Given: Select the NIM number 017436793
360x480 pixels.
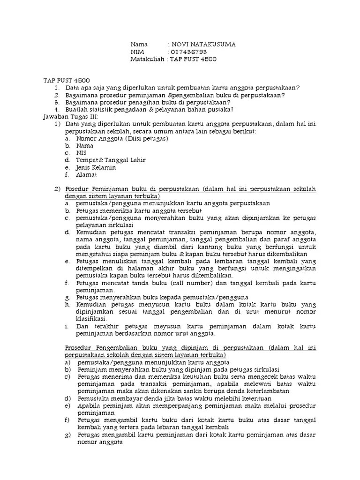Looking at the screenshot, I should coord(189,52).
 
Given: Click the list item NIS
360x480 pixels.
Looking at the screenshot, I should coord(81,153).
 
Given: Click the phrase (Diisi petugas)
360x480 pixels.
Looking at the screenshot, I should coord(146,138).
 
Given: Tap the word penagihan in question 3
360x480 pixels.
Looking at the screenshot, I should coord(137,102).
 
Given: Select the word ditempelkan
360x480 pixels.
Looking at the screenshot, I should coord(96,269).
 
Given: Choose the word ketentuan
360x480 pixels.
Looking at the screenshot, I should coord(219,398).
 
